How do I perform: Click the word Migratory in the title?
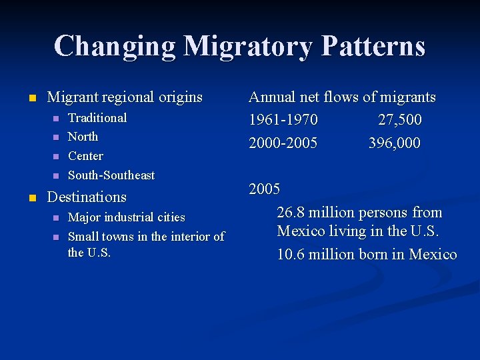247,47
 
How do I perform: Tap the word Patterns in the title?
373,47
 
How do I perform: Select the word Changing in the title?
114,47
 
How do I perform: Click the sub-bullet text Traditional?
97,118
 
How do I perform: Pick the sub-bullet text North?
83,137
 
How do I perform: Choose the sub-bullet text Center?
86,156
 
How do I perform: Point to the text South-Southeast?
111,175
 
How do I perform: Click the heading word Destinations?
87,197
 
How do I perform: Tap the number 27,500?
399,120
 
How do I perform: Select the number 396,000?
395,143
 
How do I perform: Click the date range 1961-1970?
283,120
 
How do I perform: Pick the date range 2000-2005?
283,143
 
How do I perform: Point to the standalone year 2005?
265,189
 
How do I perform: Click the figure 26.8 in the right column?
291,213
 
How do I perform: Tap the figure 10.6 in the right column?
291,254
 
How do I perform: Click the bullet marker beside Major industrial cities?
56,218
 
